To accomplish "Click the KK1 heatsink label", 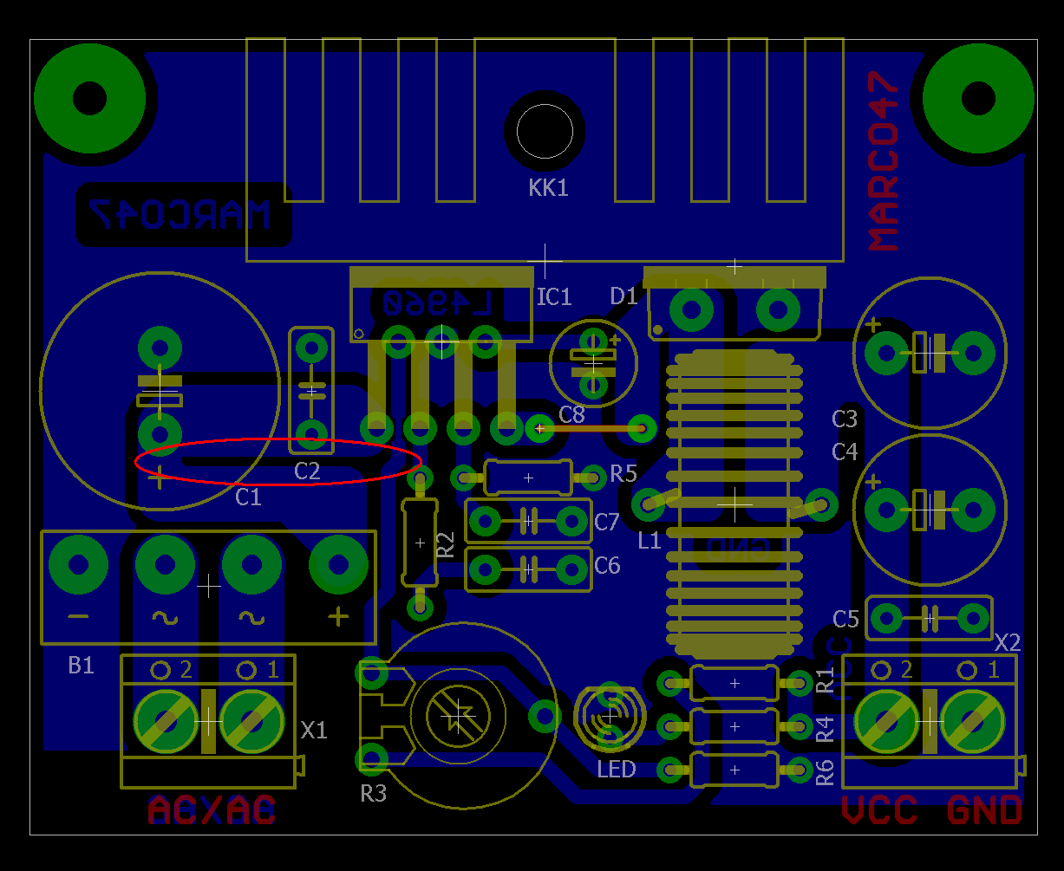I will tap(548, 188).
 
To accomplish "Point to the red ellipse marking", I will tap(277, 461).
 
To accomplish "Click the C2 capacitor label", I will tap(307, 471).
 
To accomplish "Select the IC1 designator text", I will tap(554, 297).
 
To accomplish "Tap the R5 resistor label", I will tap(623, 473).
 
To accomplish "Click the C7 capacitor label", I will tap(607, 522).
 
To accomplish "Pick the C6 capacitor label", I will tap(607, 566).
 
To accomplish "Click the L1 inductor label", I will tap(649, 542).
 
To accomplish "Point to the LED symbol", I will tap(610, 717).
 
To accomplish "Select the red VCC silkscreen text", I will tap(879, 810).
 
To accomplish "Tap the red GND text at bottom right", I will tap(984, 810).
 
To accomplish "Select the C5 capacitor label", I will tap(845, 619).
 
